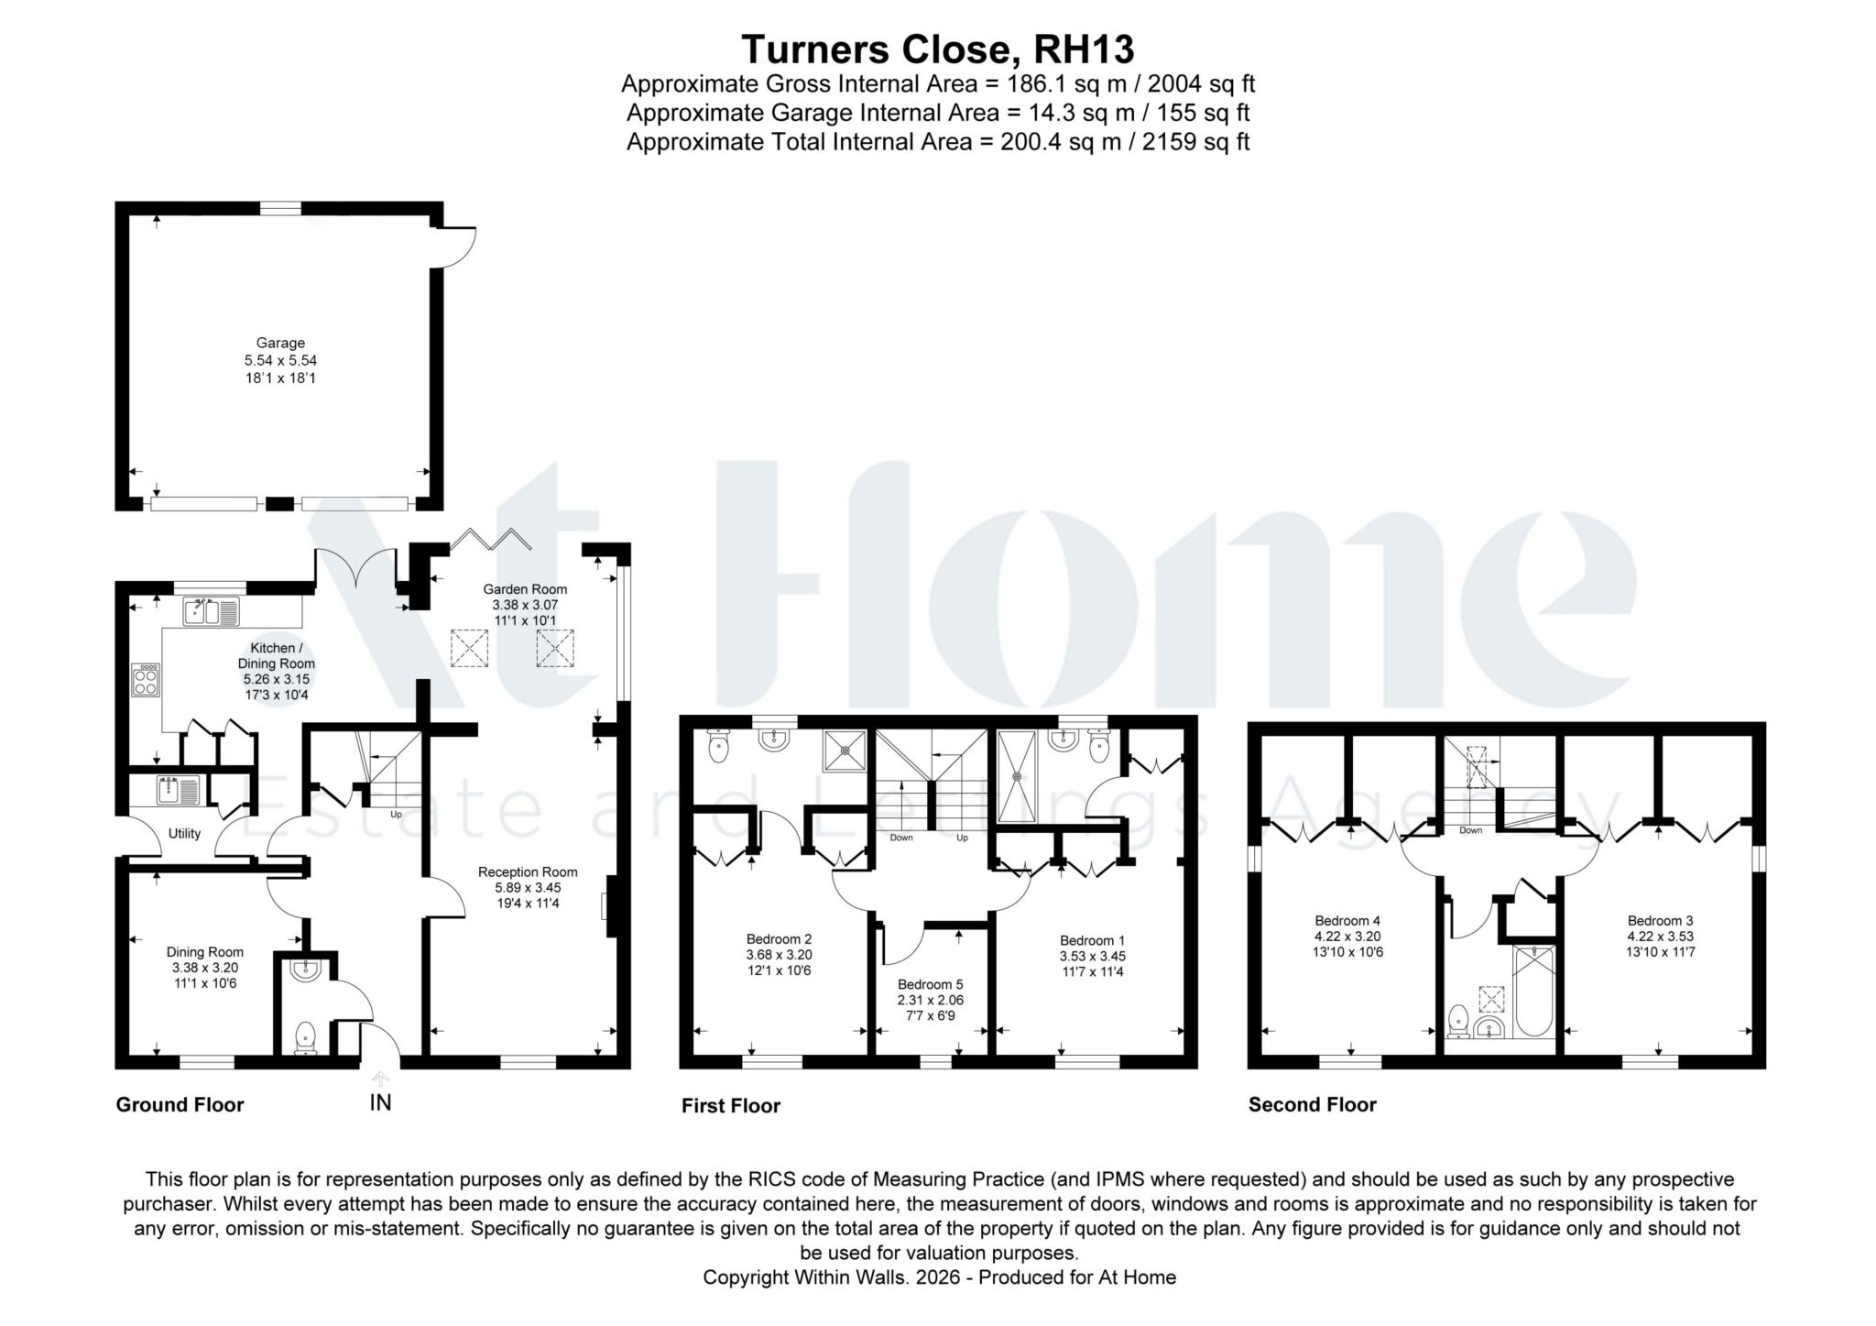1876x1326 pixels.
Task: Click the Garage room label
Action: [x=280, y=343]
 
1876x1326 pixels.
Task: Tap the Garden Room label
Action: [x=525, y=589]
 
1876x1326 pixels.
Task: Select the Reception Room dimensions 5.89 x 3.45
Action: [x=528, y=887]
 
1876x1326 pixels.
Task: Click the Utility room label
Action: [x=184, y=834]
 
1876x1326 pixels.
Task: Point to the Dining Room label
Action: [x=205, y=952]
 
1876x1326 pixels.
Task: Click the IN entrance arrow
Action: [x=380, y=1079]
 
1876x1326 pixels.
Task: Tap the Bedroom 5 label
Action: [x=931, y=984]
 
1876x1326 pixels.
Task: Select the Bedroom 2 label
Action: [x=779, y=938]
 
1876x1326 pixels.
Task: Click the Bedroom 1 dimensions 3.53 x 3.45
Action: [x=1092, y=956]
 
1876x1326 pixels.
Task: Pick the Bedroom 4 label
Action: [x=1347, y=921]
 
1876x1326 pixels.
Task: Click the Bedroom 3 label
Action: [x=1661, y=921]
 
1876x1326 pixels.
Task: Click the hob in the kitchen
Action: [x=146, y=679]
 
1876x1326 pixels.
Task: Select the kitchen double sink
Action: [x=211, y=611]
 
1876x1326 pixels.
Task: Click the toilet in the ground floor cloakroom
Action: [x=305, y=1039]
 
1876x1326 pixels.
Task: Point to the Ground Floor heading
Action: [x=180, y=1104]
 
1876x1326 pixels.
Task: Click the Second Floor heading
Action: [x=1312, y=1104]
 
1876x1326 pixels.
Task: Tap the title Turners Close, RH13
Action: [x=937, y=49]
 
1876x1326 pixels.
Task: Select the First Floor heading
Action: [x=730, y=1105]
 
